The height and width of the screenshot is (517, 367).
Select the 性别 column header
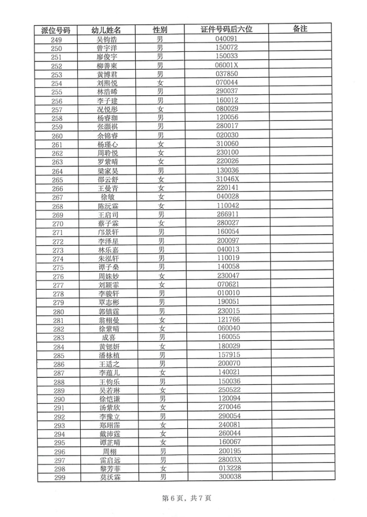(160, 30)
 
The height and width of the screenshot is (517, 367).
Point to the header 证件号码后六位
(227, 30)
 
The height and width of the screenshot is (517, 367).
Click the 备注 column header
(300, 30)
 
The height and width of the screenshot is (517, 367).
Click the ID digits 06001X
(227, 65)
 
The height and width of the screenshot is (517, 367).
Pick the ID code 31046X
(227, 180)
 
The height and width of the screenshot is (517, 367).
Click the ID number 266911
(227, 214)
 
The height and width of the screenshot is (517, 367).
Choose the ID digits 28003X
(227, 460)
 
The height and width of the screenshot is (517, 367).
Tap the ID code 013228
(227, 469)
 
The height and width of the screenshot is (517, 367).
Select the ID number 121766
(227, 320)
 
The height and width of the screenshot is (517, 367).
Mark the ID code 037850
(227, 74)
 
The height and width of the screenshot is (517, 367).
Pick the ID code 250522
(227, 390)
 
